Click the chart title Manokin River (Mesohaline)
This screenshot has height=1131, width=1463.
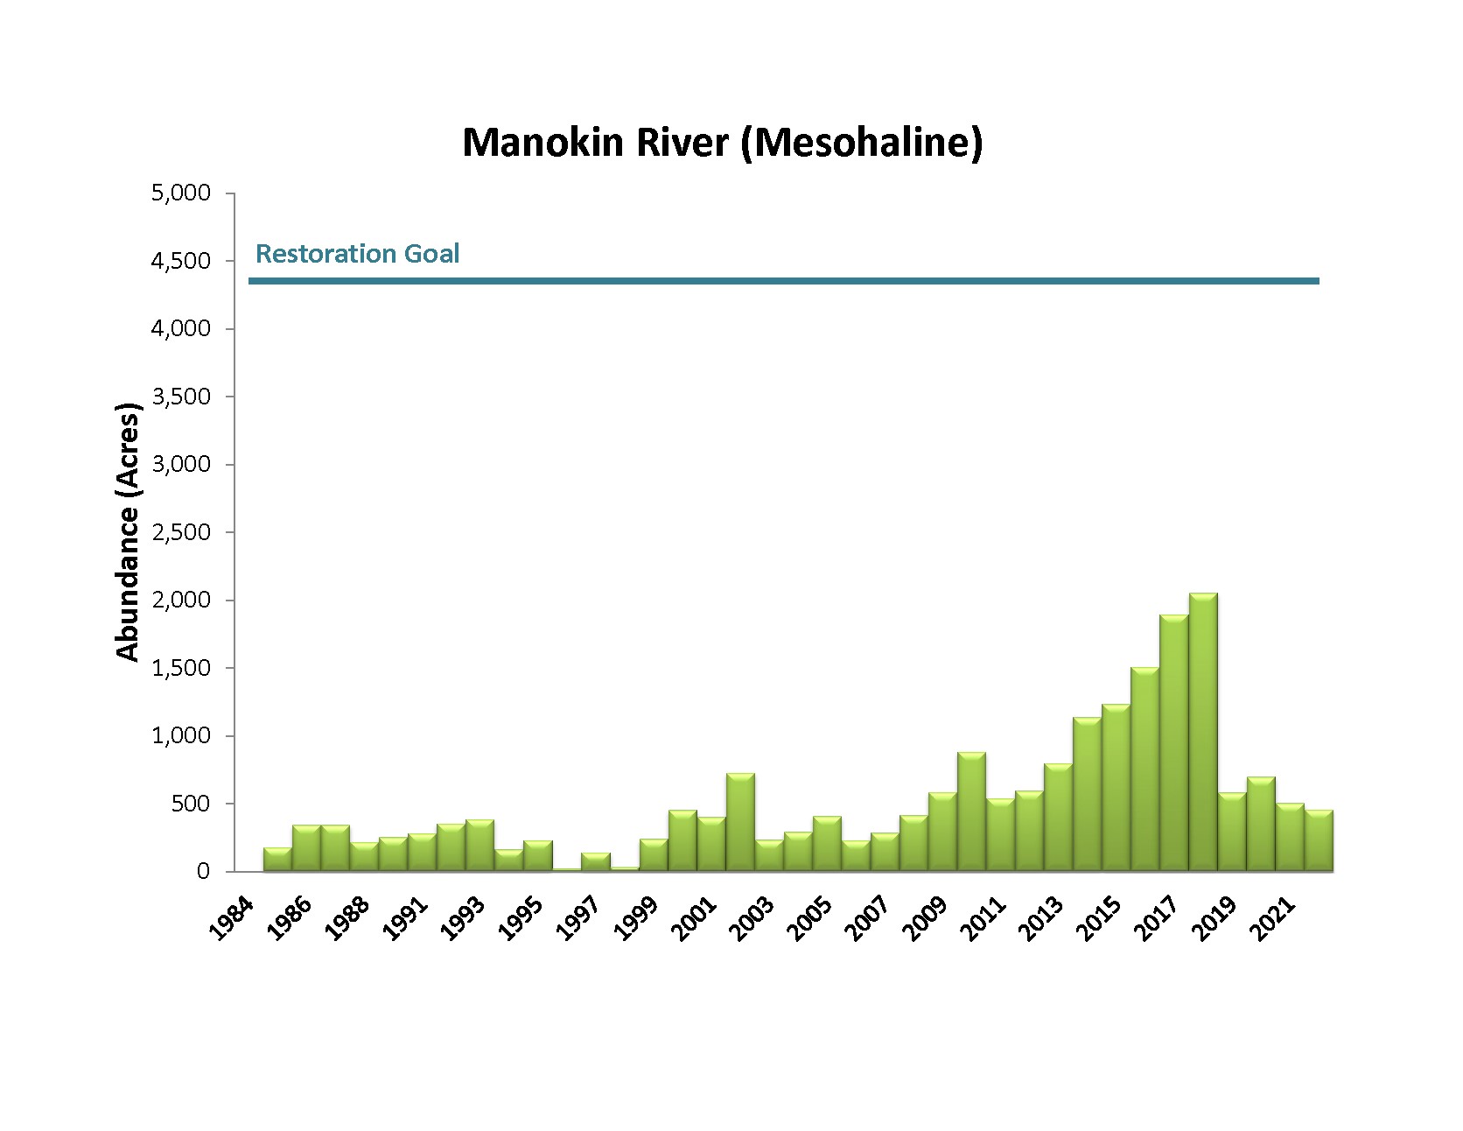(722, 143)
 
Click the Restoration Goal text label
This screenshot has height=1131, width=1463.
(357, 254)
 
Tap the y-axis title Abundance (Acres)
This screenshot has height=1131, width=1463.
(128, 532)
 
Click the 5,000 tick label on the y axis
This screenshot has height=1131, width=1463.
(181, 193)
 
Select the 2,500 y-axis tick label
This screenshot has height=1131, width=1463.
(181, 532)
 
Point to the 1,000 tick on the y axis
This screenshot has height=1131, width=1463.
(181, 736)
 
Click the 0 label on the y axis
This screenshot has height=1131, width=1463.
(203, 872)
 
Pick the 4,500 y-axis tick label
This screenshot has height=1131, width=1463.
(181, 261)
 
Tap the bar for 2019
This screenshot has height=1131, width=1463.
(1232, 832)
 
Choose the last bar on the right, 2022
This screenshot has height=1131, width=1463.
(1319, 840)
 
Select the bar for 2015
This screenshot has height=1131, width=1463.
(1116, 788)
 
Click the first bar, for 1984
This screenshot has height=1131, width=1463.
(277, 860)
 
